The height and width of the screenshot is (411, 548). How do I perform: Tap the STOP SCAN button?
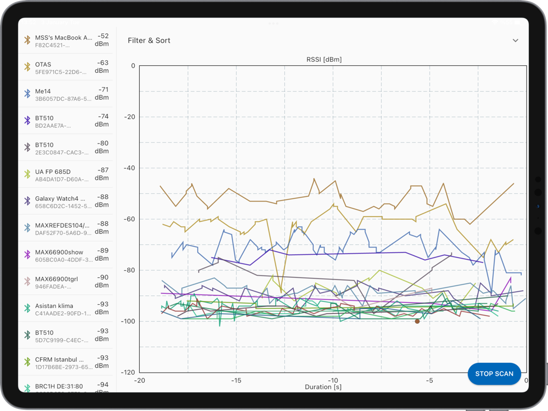click(494, 374)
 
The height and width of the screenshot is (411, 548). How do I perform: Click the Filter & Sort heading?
click(149, 41)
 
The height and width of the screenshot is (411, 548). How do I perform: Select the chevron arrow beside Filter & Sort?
click(515, 41)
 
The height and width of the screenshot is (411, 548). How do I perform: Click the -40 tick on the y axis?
click(129, 168)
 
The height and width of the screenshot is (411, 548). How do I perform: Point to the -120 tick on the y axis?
click(128, 373)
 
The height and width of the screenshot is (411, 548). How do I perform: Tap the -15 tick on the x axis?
click(236, 380)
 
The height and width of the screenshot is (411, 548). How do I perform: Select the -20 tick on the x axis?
click(140, 380)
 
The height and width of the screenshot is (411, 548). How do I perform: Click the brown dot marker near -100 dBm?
click(418, 321)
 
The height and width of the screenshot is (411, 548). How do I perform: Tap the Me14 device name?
click(44, 92)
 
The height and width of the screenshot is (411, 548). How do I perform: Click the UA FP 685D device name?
click(53, 172)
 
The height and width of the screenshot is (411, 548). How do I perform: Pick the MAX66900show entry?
click(59, 252)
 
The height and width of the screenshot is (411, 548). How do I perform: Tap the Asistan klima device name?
click(54, 306)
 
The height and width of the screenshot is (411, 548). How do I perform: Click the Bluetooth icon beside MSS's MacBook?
click(27, 40)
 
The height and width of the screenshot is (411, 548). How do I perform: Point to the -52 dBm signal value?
click(102, 40)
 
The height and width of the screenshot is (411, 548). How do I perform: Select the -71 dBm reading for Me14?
click(102, 93)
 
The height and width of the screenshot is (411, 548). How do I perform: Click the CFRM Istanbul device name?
click(60, 359)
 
